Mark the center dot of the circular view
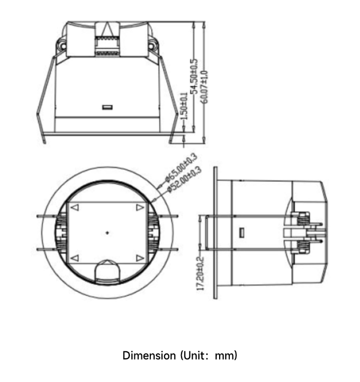coord(107,232)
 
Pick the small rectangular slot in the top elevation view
coord(107,107)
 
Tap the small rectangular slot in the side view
coord(241,232)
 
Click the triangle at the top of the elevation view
coord(108,29)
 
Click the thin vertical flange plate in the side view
coord(215,233)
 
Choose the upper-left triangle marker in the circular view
coord(75,208)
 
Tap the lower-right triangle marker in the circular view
coord(139,258)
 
